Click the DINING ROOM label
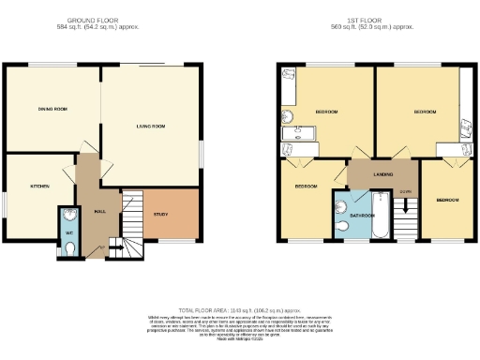(x=52, y=110)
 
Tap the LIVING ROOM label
(x=150, y=125)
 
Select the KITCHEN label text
(x=39, y=187)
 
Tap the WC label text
(x=67, y=231)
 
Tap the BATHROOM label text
(x=362, y=216)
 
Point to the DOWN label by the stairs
(x=404, y=191)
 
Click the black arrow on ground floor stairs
(x=116, y=246)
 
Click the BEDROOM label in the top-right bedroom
(x=425, y=112)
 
